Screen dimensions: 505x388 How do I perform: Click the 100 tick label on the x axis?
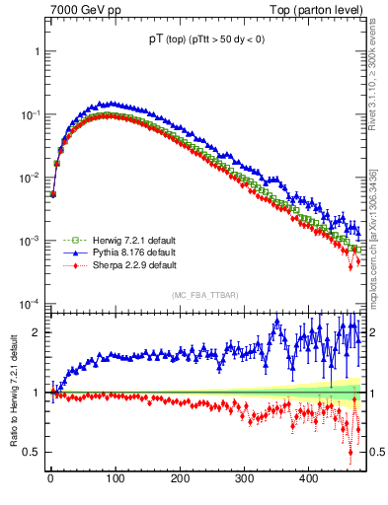point(115,478)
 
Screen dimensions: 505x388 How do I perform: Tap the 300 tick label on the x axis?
point(244,478)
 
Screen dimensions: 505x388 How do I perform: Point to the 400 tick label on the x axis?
point(308,478)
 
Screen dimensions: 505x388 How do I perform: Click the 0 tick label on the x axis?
point(50,478)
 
